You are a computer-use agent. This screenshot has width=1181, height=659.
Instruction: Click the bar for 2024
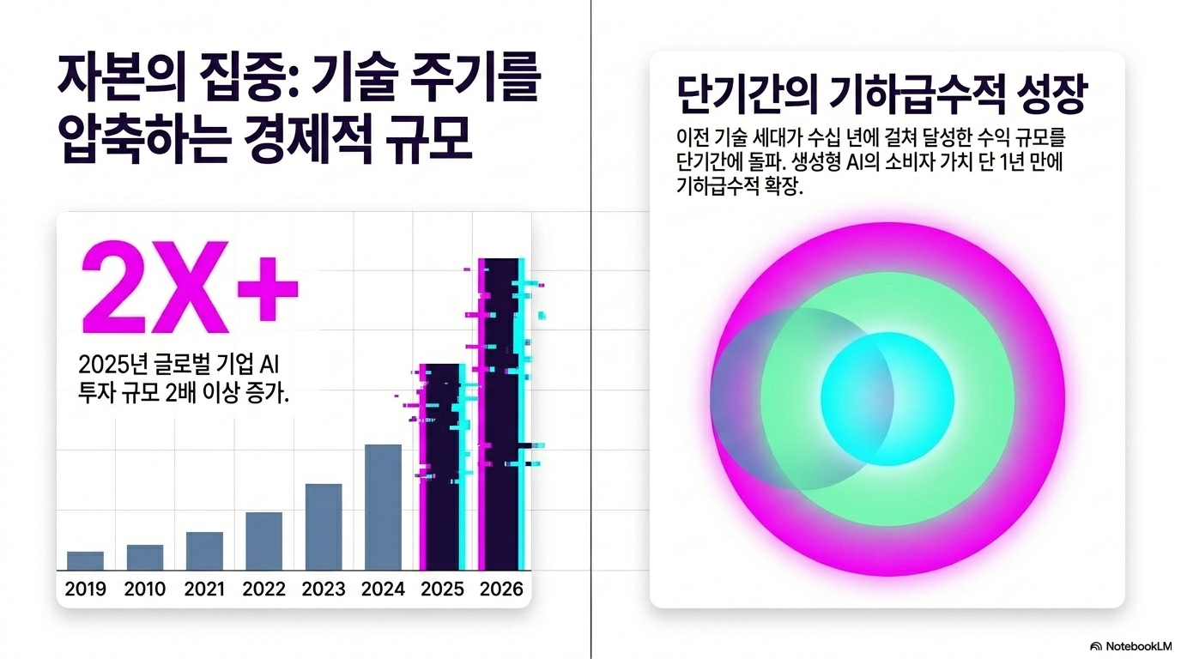(x=383, y=507)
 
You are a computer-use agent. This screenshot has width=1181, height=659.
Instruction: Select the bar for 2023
(x=324, y=527)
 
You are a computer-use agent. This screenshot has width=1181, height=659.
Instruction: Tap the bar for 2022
(x=263, y=541)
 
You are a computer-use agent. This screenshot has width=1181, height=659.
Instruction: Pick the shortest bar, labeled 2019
(x=86, y=561)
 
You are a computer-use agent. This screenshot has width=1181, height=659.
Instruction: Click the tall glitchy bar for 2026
(x=502, y=414)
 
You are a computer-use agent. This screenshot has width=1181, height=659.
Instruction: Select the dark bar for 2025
(x=442, y=467)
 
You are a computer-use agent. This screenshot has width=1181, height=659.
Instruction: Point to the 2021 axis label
(x=204, y=589)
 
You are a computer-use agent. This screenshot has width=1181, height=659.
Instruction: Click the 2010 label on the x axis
(x=145, y=589)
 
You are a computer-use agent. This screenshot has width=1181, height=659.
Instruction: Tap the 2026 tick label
(x=501, y=589)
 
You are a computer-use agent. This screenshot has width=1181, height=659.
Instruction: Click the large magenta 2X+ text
(x=190, y=287)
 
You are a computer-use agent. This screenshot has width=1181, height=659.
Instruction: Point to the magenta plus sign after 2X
(x=268, y=289)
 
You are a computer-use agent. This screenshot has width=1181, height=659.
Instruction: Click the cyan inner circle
(x=887, y=399)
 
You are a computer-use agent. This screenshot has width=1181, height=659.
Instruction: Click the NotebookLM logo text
(x=1138, y=646)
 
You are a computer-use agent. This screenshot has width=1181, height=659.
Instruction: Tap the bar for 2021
(x=204, y=552)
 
